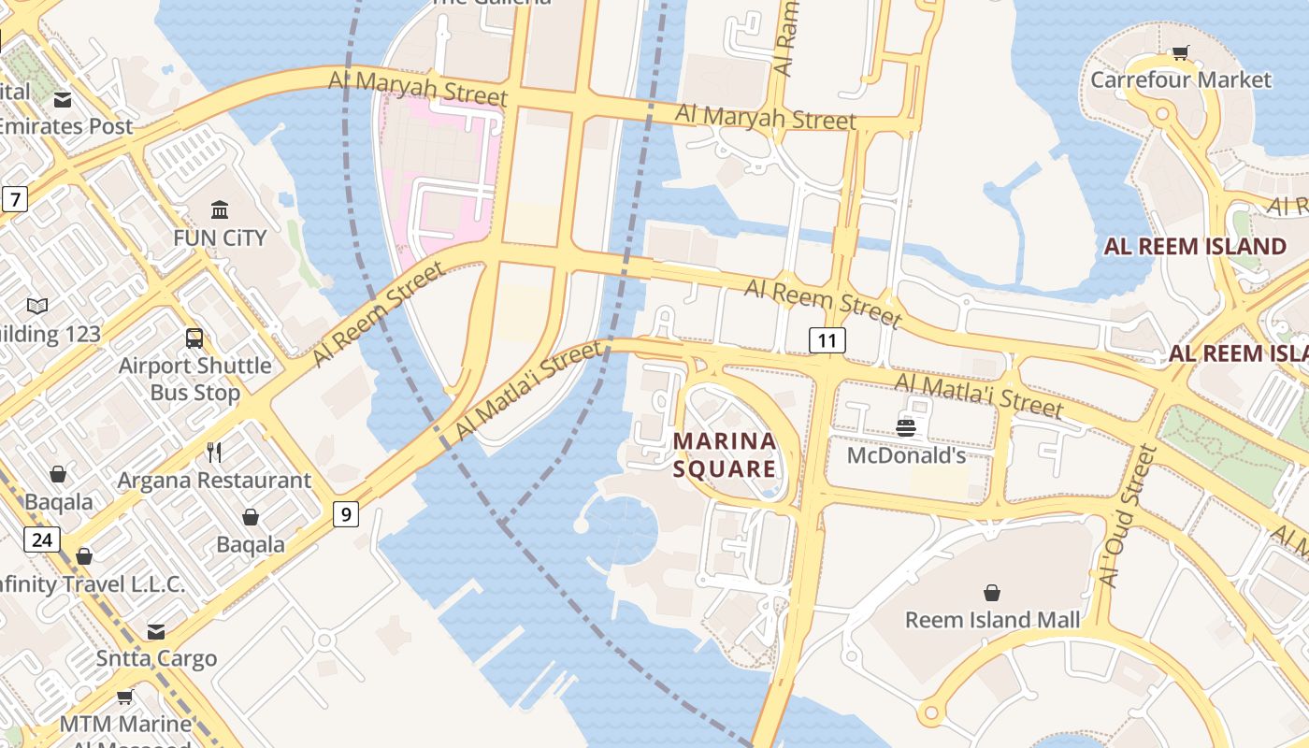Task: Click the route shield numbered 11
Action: [x=827, y=340]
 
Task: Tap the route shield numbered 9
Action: [x=346, y=513]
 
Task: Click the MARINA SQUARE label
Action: [x=725, y=454]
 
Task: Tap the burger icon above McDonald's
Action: [x=905, y=428]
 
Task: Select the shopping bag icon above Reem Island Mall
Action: [x=991, y=593]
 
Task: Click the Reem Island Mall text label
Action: [x=992, y=619]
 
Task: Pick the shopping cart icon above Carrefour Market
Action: [x=1180, y=53]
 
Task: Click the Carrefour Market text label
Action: [x=1180, y=79]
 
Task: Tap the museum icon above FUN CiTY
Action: [x=220, y=209]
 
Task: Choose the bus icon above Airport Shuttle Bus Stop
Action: [x=194, y=338]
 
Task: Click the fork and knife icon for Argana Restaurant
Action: [x=214, y=453]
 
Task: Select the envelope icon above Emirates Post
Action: [x=63, y=99]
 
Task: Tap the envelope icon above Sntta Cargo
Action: [x=156, y=632]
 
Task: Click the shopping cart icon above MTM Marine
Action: [x=124, y=697]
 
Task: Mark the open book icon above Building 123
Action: [x=37, y=307]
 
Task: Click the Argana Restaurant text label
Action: [x=214, y=481]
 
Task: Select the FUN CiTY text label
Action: [x=220, y=237]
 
